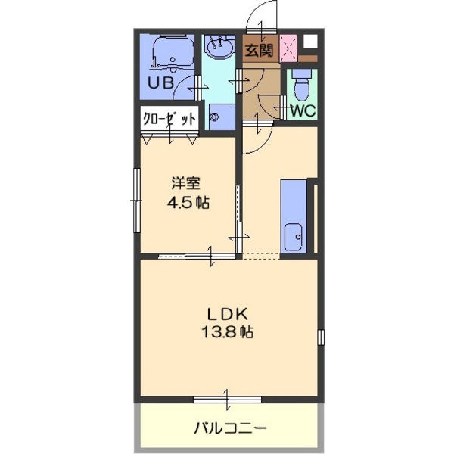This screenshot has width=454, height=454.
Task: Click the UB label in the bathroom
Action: [160, 82]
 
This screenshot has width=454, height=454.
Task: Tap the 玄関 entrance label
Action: [259, 51]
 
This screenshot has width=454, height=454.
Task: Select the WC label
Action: [303, 110]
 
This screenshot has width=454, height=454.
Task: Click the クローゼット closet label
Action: [169, 119]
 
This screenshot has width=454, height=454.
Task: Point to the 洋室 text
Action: [185, 183]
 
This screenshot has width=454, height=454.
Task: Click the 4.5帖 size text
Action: [188, 202]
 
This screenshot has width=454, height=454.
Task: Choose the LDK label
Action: [227, 314]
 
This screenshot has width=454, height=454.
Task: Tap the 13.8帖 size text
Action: [227, 332]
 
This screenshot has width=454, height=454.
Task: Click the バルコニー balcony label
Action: [230, 428]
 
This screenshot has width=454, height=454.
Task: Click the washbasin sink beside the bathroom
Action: [219, 47]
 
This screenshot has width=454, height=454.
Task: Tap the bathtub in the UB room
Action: [173, 53]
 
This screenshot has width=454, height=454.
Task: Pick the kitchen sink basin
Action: [294, 238]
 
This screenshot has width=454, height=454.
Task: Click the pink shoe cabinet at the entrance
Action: [288, 48]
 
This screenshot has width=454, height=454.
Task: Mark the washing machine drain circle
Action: [215, 117]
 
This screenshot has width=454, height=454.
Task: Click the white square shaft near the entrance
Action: [310, 42]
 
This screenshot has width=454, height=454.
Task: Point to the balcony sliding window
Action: [227, 400]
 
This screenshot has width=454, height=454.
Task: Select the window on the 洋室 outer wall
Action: [137, 201]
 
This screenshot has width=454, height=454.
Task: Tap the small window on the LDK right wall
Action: [321, 337]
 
